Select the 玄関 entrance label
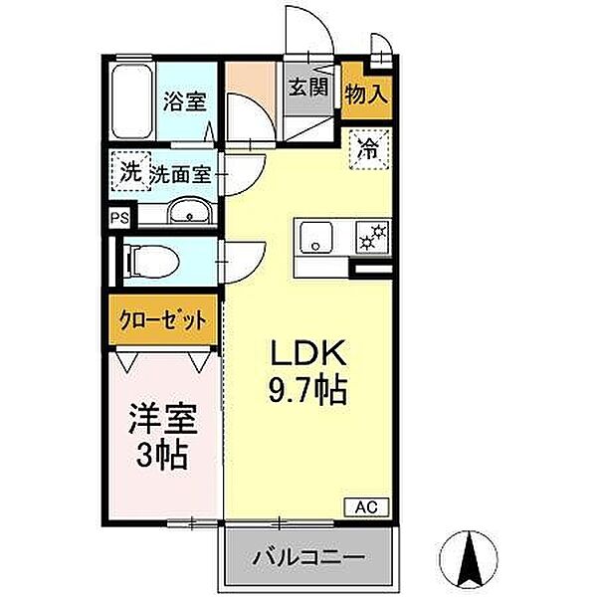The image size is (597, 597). point(308,87)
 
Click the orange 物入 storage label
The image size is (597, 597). point(366,96)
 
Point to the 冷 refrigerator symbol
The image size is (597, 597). point(368,151)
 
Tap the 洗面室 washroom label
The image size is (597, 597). point(180,174)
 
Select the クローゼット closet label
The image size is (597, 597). point(165,321)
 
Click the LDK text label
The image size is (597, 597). point(307,355)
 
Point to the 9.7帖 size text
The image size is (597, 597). point(307,390)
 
